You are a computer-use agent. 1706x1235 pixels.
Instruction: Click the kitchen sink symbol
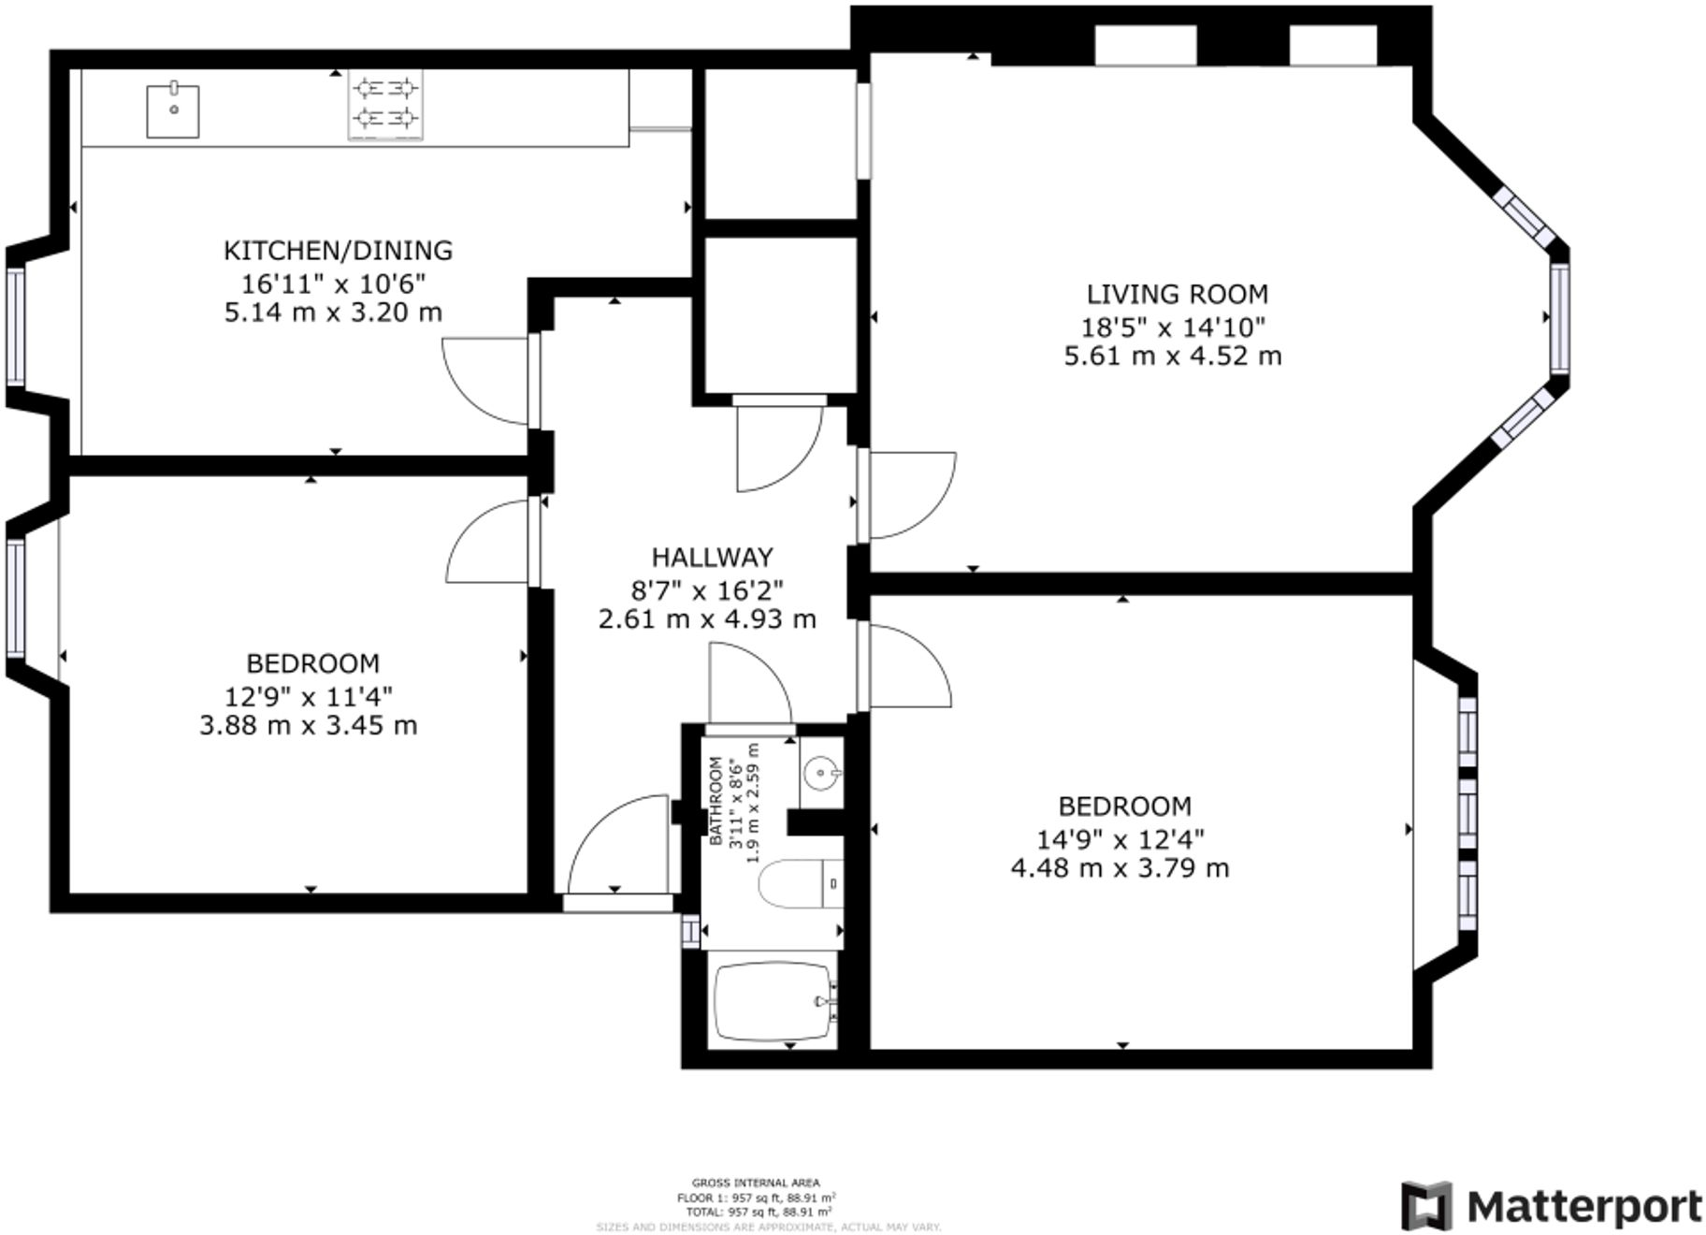[x=173, y=110]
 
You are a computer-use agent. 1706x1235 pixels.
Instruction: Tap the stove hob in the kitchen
[x=384, y=104]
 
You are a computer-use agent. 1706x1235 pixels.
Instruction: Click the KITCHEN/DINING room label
[x=338, y=251]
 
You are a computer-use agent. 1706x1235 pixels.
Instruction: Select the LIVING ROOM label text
[x=1177, y=295]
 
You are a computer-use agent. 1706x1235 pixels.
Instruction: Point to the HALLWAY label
[x=712, y=558]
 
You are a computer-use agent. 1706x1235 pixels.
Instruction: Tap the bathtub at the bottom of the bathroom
[x=773, y=1001]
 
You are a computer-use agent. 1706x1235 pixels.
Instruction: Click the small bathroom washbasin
[x=821, y=773]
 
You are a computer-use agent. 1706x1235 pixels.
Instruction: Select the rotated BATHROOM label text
[x=716, y=801]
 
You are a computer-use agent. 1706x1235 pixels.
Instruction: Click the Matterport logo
[x=1551, y=1206]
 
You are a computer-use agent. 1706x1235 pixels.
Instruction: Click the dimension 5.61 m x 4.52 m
[x=1172, y=356]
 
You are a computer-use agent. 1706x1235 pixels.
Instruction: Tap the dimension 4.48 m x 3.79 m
[x=1120, y=868]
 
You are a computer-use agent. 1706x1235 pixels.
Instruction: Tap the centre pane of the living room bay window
[x=1559, y=318]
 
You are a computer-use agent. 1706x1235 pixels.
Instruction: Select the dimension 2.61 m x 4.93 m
[x=707, y=619]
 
